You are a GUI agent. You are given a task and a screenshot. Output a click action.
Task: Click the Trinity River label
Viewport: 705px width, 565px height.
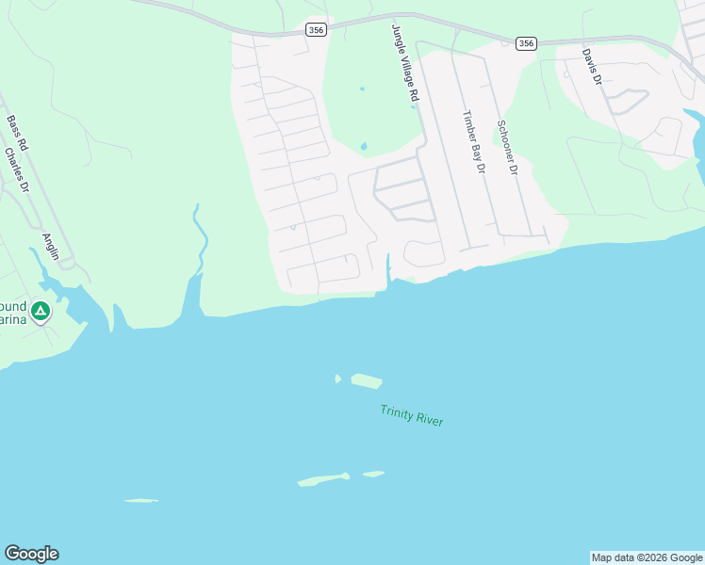(412, 415)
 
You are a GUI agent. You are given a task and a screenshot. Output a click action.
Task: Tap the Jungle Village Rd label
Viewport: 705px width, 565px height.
(404, 64)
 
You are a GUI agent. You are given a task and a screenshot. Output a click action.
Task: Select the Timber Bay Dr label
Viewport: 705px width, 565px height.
(472, 142)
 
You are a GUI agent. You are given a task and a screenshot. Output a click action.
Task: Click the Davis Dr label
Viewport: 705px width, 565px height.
(591, 67)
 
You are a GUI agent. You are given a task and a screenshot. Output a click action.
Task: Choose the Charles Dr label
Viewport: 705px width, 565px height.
(17, 170)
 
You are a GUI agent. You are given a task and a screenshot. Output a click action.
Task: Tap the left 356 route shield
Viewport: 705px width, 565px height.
(316, 30)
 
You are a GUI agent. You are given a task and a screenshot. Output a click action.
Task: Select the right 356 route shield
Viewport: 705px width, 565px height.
(526, 42)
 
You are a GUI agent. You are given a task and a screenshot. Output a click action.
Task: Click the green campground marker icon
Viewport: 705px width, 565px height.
(41, 311)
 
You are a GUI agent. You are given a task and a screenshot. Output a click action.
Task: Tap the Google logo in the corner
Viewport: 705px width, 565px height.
(31, 554)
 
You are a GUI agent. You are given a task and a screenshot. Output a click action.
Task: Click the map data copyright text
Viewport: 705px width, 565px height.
(647, 557)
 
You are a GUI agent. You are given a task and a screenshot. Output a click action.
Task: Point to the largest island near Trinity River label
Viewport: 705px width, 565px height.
(367, 381)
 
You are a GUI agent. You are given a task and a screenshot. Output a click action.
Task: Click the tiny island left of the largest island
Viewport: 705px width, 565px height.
(337, 379)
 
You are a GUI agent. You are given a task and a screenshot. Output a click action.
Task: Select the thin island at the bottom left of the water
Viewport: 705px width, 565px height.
(140, 500)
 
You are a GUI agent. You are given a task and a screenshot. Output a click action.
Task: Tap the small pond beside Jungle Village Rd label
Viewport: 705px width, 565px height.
(364, 146)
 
